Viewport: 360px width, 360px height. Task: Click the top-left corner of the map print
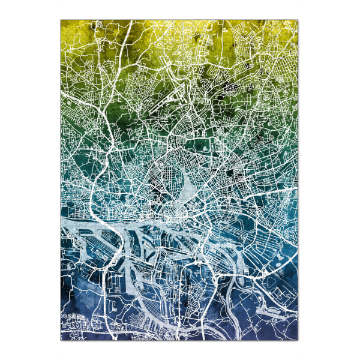tap(61, 20)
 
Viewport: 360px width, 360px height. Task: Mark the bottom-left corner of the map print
tap(61, 341)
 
